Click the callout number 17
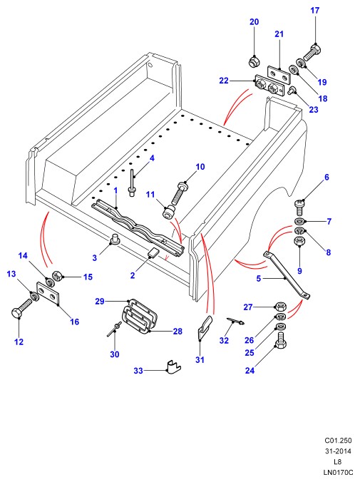tap(315, 11)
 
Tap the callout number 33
tap(138, 371)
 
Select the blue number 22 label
tap(224, 81)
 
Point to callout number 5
tap(259, 279)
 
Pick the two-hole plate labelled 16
tap(48, 294)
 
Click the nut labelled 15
tap(57, 275)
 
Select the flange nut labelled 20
tap(254, 61)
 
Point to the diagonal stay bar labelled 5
tap(286, 275)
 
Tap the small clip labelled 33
tap(173, 366)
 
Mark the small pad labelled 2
tap(153, 252)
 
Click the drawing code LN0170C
tap(338, 473)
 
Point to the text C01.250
tap(338, 441)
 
